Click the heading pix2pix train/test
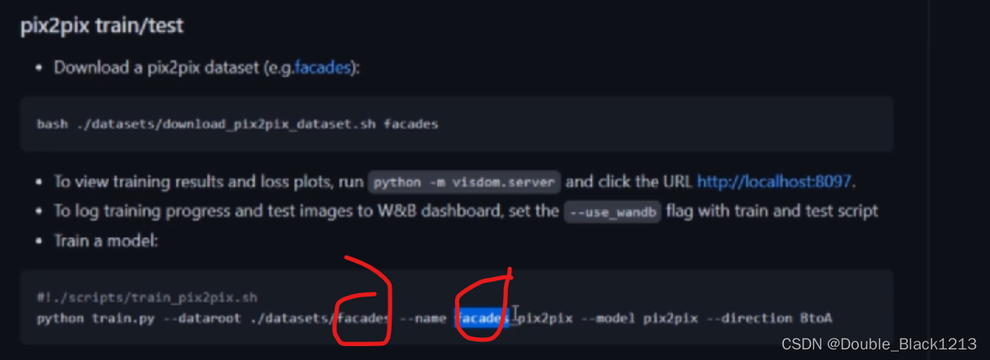pos(102,26)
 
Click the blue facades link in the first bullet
pos(322,68)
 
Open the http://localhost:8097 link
pos(775,182)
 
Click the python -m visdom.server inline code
pos(464,182)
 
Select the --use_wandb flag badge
pos(612,212)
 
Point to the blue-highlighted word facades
pos(482,318)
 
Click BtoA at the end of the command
pos(814,318)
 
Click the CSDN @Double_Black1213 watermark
pos(878,345)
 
